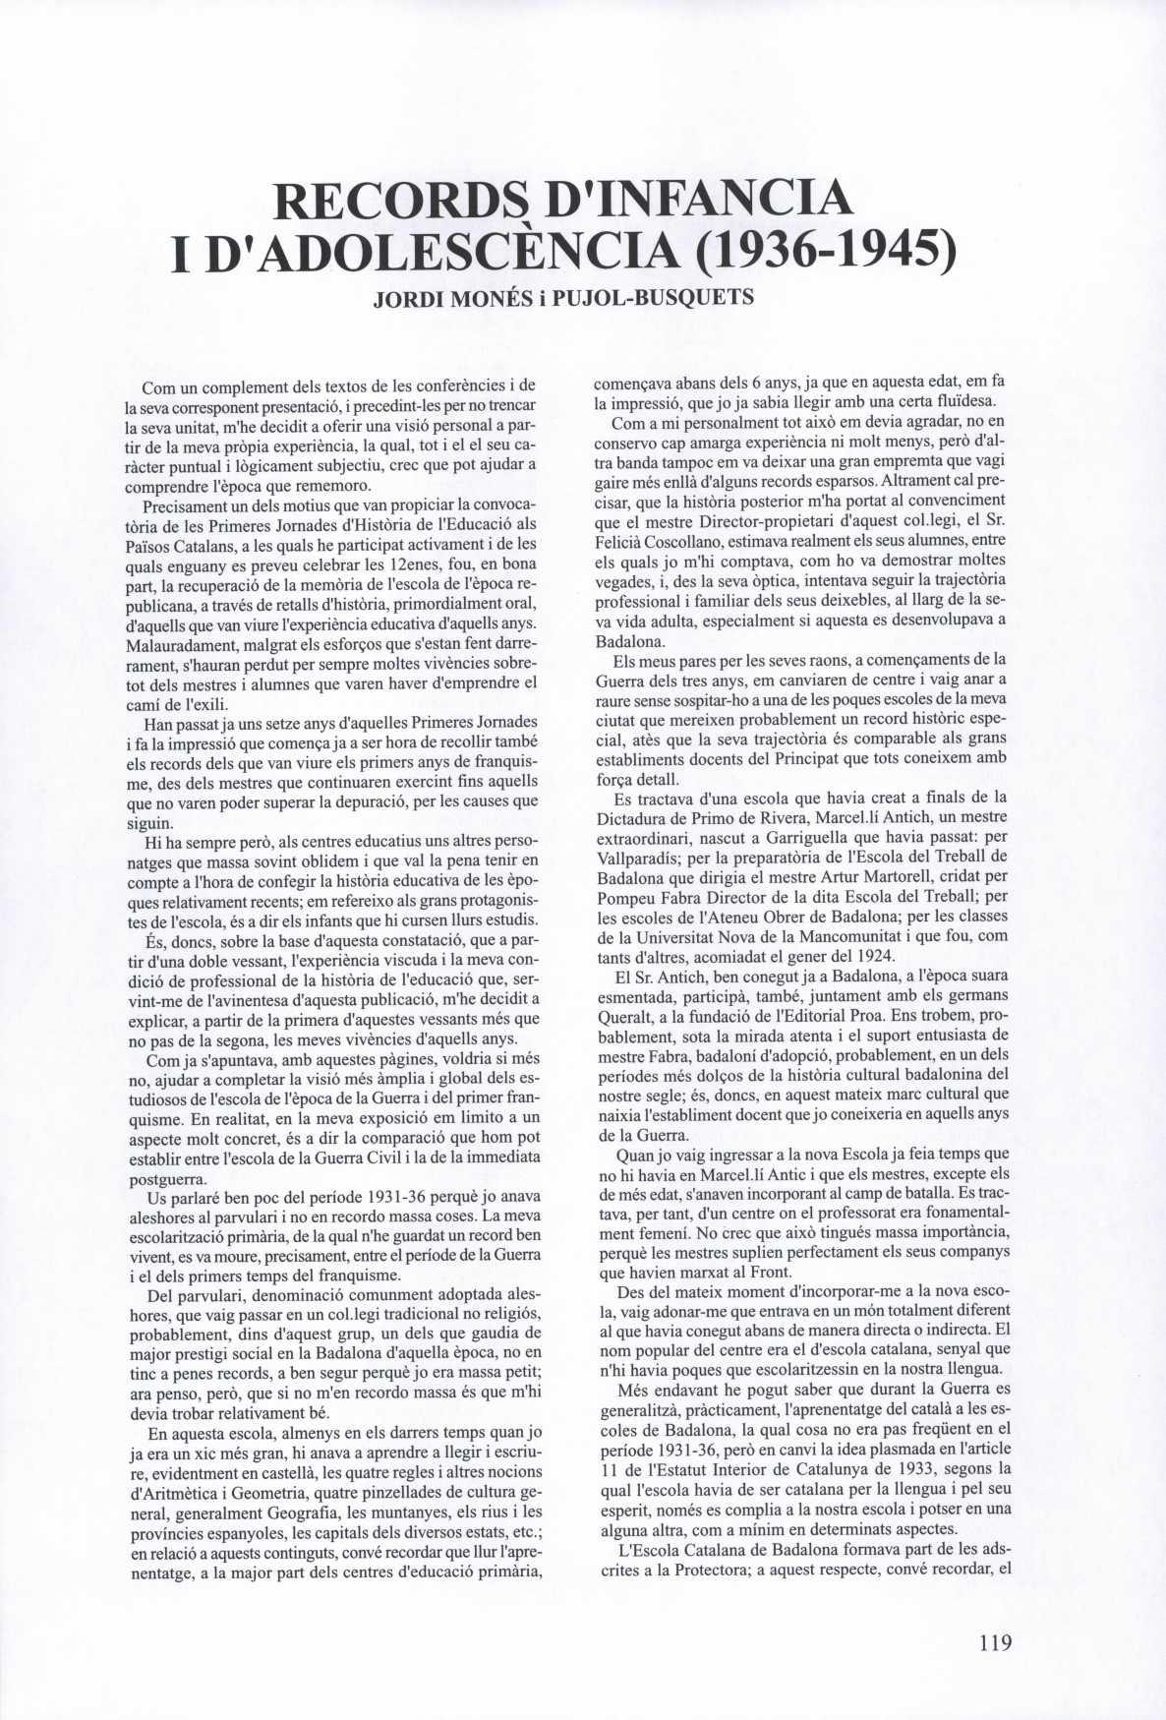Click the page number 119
[x=995, y=1641]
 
